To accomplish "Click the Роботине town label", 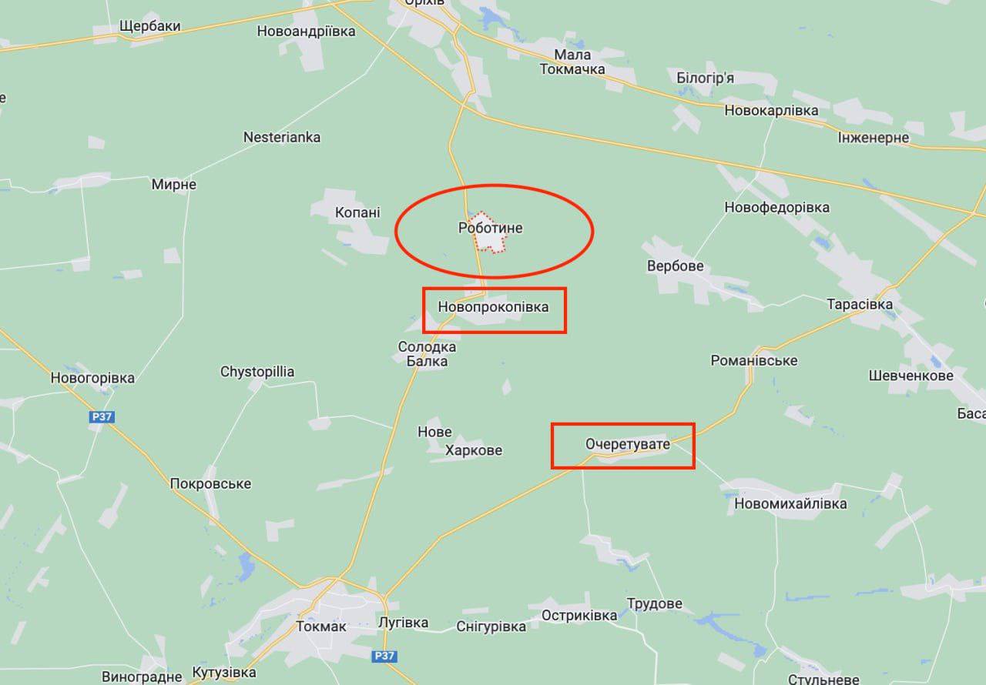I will click(490, 228).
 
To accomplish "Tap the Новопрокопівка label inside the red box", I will click(493, 307).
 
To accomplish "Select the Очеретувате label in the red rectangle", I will click(627, 444).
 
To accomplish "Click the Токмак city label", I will click(321, 627).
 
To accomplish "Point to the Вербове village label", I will click(676, 266).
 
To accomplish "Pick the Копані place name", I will click(357, 212).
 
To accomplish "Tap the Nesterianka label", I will click(282, 137).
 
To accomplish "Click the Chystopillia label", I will click(257, 372).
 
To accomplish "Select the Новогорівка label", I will click(92, 378).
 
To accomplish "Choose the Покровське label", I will click(210, 483).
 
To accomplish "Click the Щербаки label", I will click(150, 26).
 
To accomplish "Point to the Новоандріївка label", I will click(306, 32).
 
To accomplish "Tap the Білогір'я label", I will click(705, 78).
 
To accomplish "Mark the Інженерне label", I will click(874, 138).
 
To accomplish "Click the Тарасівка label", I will click(860, 304).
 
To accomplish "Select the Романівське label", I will click(753, 360).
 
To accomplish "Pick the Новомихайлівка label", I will click(790, 503).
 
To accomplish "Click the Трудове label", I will click(654, 603).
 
